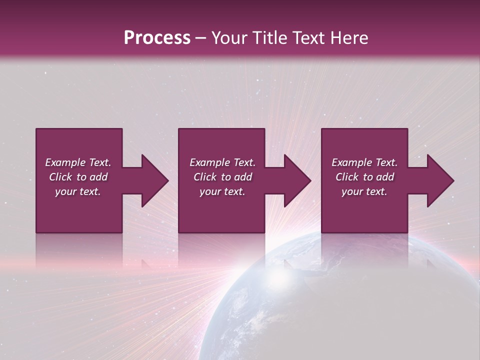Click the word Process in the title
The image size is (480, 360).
(157, 38)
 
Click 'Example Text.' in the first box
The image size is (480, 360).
(78, 162)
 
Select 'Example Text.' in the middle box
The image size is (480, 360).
(222, 162)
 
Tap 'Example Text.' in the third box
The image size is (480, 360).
(364, 162)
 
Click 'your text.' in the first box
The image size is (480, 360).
(78, 191)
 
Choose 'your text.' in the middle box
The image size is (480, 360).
(222, 191)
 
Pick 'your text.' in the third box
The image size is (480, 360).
(364, 191)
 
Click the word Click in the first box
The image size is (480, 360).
(61, 177)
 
